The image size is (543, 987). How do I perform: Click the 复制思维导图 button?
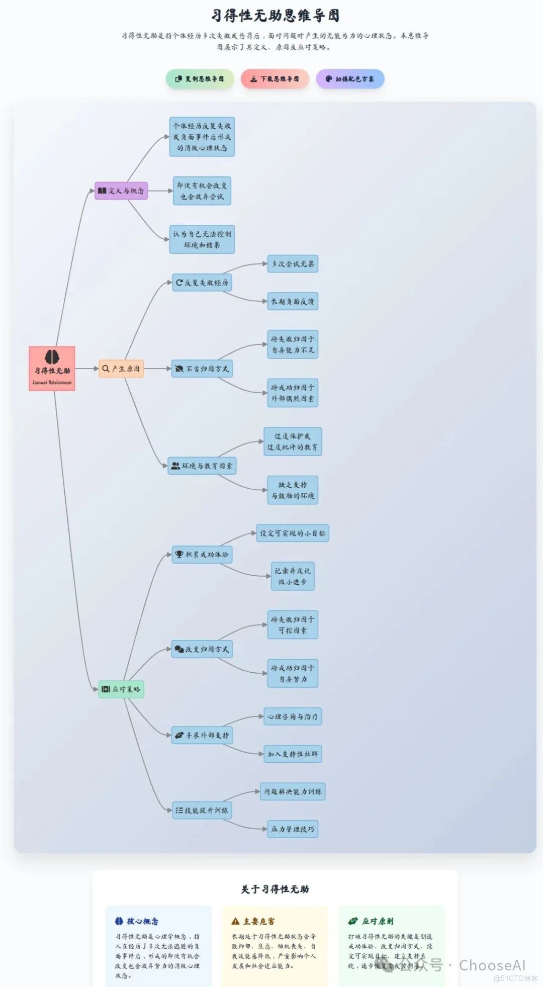[200, 79]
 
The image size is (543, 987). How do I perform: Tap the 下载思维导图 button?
[275, 79]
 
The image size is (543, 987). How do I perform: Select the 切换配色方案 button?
[350, 79]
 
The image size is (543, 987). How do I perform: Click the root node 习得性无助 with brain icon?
[52, 369]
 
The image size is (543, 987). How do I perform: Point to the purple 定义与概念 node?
[121, 191]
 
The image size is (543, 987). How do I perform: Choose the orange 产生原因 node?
[121, 369]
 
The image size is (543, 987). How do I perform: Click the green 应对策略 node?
[121, 689]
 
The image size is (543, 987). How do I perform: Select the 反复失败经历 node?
[202, 283]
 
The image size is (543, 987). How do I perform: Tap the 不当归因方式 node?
[202, 369]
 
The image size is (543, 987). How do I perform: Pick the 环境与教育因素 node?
[202, 466]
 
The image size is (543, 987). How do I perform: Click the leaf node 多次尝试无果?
[293, 263]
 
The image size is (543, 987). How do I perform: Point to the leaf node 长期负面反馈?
[293, 301]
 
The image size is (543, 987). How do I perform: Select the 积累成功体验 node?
[202, 555]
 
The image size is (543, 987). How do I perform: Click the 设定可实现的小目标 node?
[293, 533]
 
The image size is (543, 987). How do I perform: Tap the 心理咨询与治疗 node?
[293, 716]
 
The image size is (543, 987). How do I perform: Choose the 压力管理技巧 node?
[293, 829]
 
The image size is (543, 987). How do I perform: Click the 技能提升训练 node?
[202, 810]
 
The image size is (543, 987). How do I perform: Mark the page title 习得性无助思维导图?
[275, 16]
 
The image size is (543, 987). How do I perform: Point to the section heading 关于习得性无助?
[275, 889]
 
